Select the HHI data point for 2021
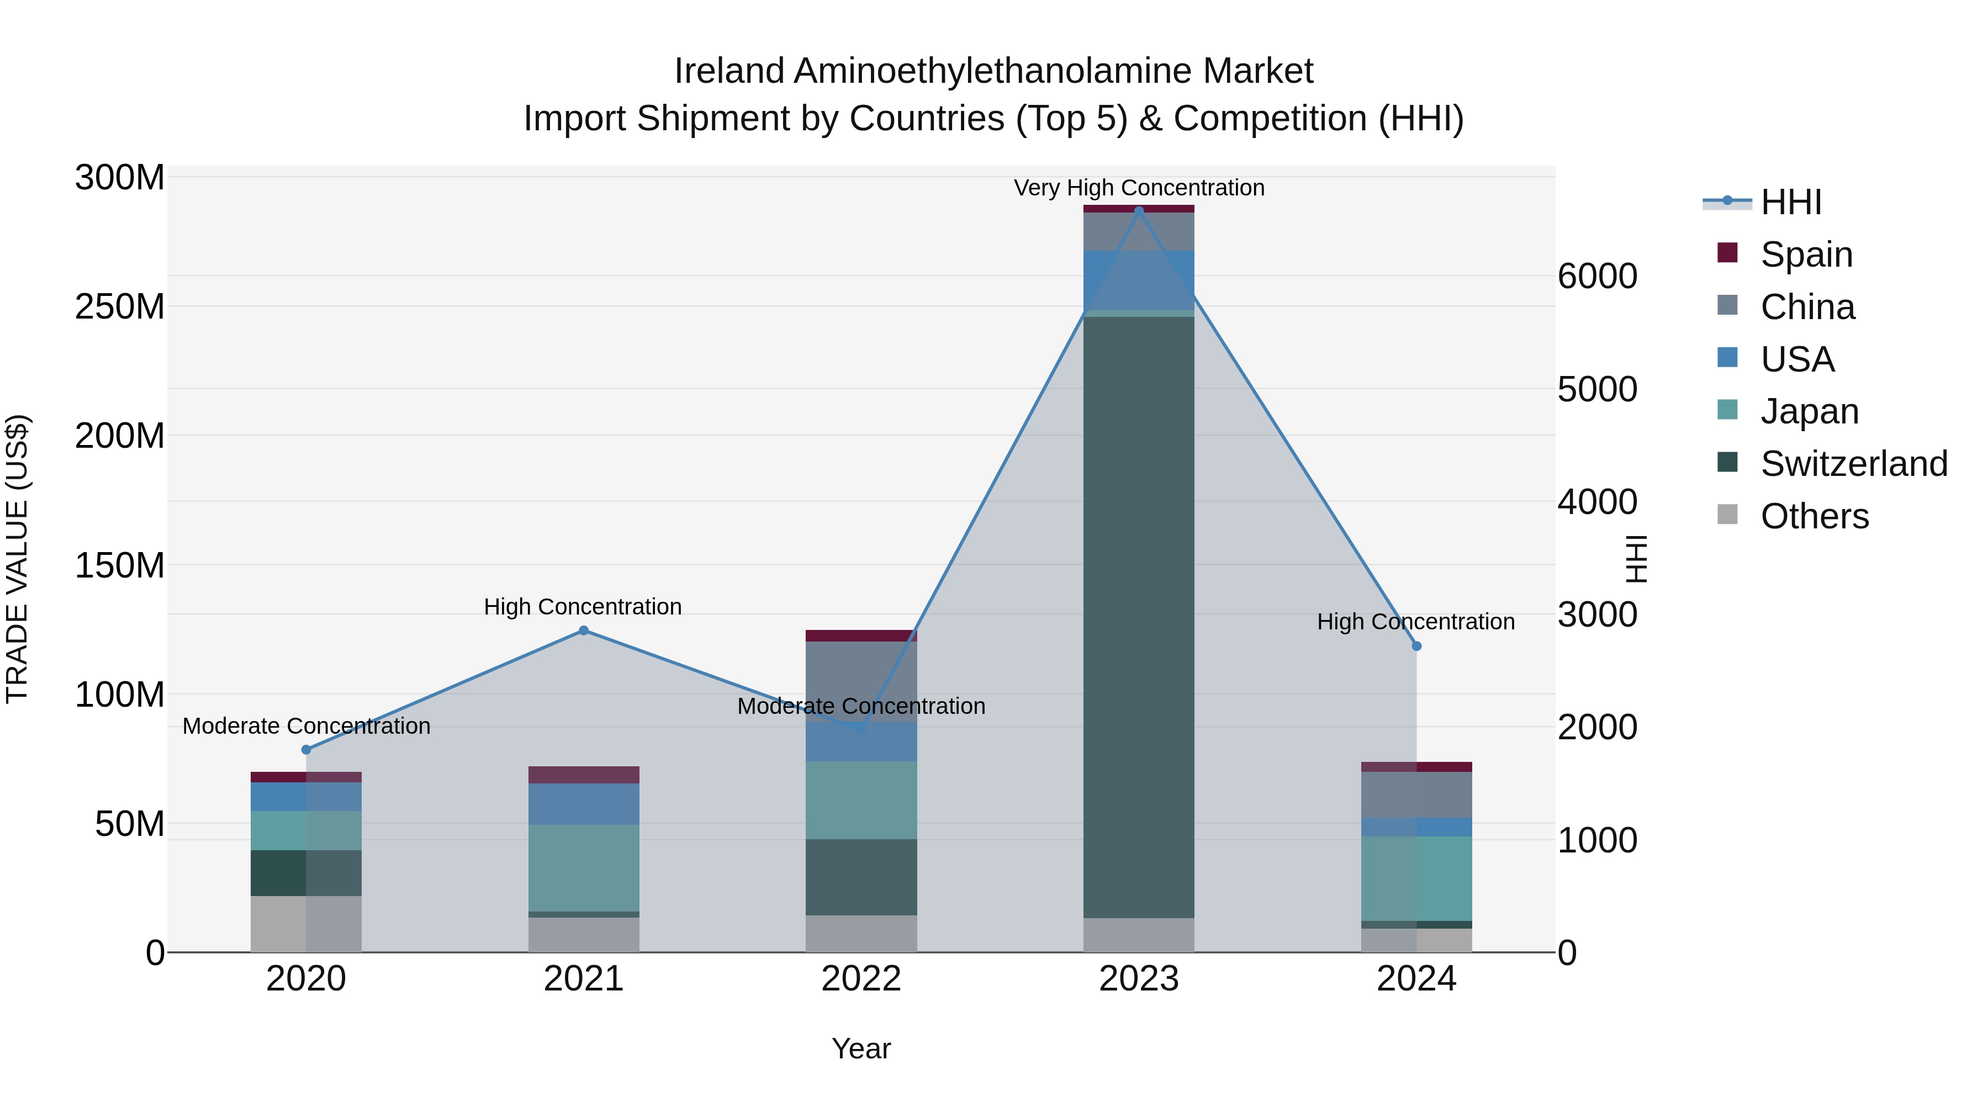pos(584,630)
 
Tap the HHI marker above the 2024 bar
pos(1416,646)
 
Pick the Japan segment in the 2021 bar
pos(584,868)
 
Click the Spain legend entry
pos(1806,254)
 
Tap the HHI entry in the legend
pos(1790,202)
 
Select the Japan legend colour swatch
pos(1727,410)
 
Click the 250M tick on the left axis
pos(120,306)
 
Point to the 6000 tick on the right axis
pos(1596,276)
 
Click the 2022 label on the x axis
pos(861,979)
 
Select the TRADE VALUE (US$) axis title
pos(17,559)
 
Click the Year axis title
pos(861,1048)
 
